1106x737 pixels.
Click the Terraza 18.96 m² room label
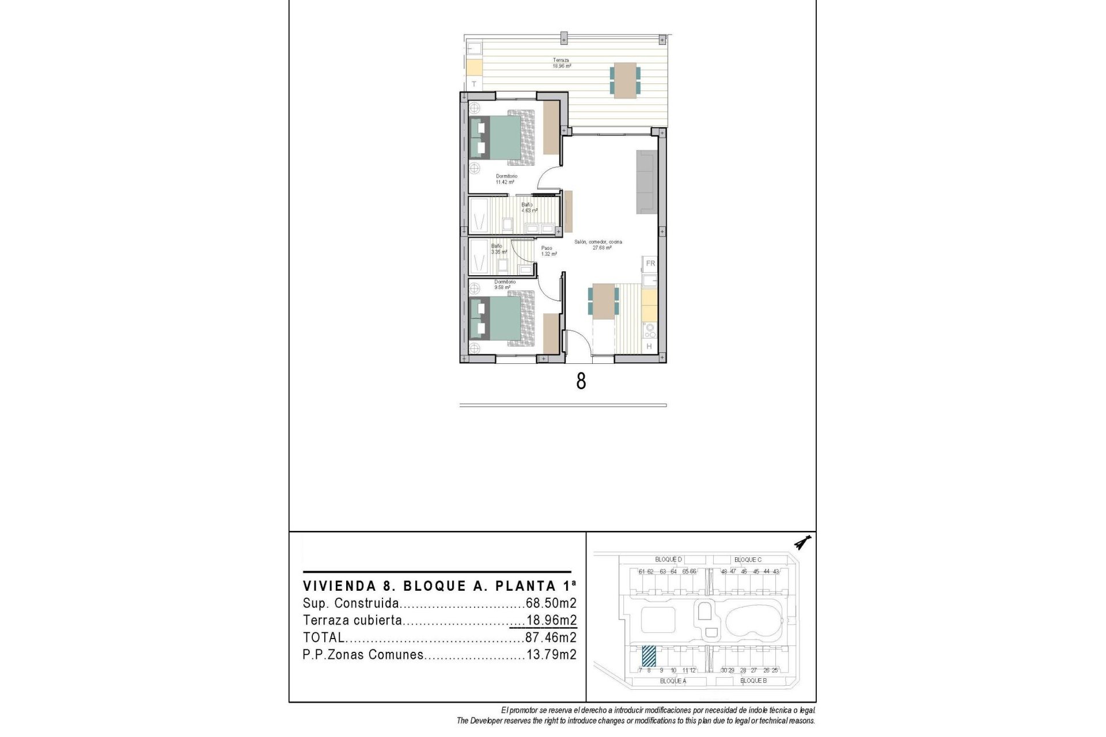pyautogui.click(x=562, y=63)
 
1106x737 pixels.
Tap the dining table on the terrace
pyautogui.click(x=625, y=81)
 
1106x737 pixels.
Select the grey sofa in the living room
pyautogui.click(x=646, y=182)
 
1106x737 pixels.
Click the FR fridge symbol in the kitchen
pyautogui.click(x=650, y=263)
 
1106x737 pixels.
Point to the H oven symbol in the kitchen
pyautogui.click(x=649, y=346)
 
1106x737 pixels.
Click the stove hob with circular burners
pyautogui.click(x=650, y=330)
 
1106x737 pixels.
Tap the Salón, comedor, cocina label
pyautogui.click(x=599, y=245)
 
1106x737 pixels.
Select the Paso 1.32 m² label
pyautogui.click(x=548, y=251)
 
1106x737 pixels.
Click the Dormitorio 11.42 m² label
pyautogui.click(x=506, y=179)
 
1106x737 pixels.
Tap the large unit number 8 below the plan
pyautogui.click(x=581, y=381)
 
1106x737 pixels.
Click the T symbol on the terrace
pyautogui.click(x=474, y=84)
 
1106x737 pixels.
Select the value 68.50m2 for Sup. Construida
pyautogui.click(x=551, y=603)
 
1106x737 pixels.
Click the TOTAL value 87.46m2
pyautogui.click(x=551, y=637)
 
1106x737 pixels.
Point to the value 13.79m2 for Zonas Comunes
pyautogui.click(x=551, y=655)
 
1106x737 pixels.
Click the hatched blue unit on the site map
pyautogui.click(x=649, y=655)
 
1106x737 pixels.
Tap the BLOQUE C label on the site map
pyautogui.click(x=748, y=560)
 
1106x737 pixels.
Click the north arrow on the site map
pyautogui.click(x=801, y=542)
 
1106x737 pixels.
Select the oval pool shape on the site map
pyautogui.click(x=753, y=621)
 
